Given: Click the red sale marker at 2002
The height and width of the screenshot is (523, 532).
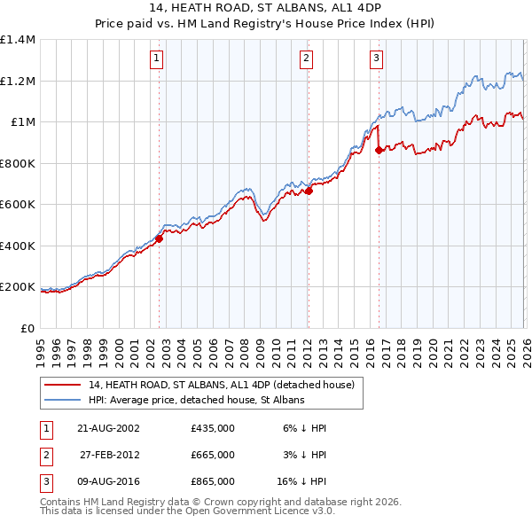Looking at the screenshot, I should [x=160, y=238].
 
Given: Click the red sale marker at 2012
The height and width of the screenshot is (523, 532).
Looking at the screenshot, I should [x=309, y=191].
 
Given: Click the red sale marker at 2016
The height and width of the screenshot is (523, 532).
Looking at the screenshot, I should [x=379, y=150].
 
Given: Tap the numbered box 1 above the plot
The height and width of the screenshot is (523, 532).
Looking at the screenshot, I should [x=156, y=59].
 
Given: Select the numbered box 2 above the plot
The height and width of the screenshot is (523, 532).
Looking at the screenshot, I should [x=306, y=59].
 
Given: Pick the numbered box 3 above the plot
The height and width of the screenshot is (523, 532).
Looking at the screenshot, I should [x=376, y=59].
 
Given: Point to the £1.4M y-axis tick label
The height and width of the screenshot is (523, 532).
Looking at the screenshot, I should [x=18, y=40].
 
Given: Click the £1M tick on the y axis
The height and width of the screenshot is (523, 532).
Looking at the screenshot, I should [x=22, y=122].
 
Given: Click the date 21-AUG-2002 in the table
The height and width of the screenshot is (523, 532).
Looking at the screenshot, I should [x=108, y=428].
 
